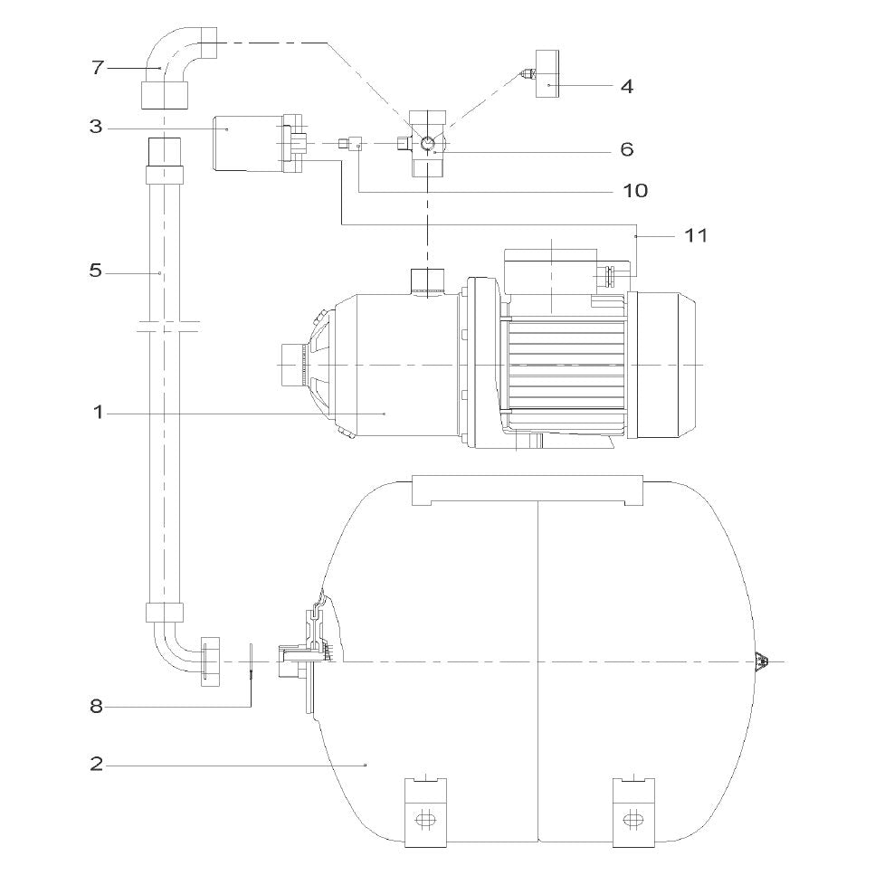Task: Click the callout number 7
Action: click(x=98, y=68)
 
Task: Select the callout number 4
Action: click(x=627, y=87)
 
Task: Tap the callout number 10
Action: click(x=635, y=191)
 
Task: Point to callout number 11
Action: click(x=695, y=235)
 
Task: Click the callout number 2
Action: click(x=97, y=764)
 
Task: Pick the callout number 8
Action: click(x=97, y=707)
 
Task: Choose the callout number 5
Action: click(x=96, y=271)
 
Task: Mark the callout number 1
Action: click(x=99, y=413)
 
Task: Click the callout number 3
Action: click(x=96, y=127)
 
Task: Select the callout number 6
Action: click(x=627, y=149)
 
